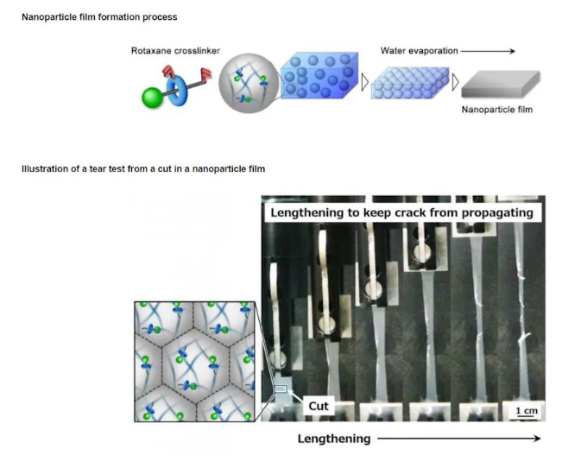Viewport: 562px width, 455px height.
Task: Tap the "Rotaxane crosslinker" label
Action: pos(175,51)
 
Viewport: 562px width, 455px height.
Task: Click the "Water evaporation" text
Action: pos(419,51)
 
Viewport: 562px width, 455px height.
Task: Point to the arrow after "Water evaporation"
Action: pos(489,51)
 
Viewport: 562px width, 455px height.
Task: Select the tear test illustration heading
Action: pos(142,168)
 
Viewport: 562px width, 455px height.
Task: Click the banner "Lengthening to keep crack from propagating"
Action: pos(401,212)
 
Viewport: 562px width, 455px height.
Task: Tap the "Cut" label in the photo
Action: pos(319,406)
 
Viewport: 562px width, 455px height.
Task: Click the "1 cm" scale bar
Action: pos(525,412)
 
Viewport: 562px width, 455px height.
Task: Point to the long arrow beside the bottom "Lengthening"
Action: pos(458,439)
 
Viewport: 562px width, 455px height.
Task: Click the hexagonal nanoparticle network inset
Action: pos(196,360)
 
